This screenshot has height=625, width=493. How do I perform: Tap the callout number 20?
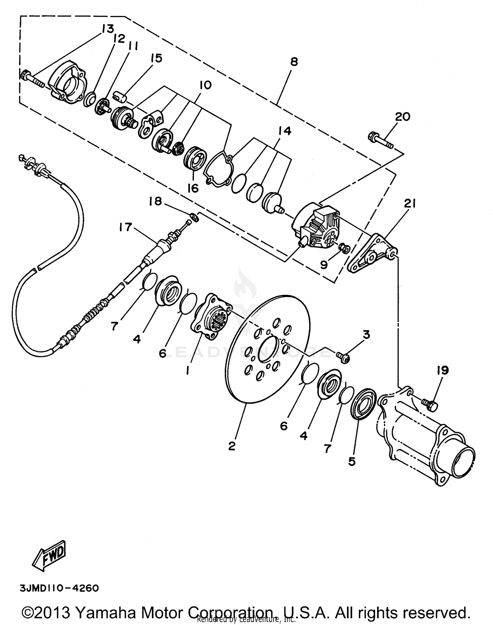pos(403,117)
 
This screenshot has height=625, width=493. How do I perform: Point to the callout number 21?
pos(410,204)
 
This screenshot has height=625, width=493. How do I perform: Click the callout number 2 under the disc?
pos(232,446)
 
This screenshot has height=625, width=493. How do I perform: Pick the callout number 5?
pos(352,461)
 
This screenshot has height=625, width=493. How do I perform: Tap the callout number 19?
pos(442,371)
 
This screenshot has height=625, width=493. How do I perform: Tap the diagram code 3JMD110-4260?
pos(59,588)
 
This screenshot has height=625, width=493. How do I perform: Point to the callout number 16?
pos(193,188)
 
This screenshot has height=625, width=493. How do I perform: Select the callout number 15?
pos(156,58)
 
